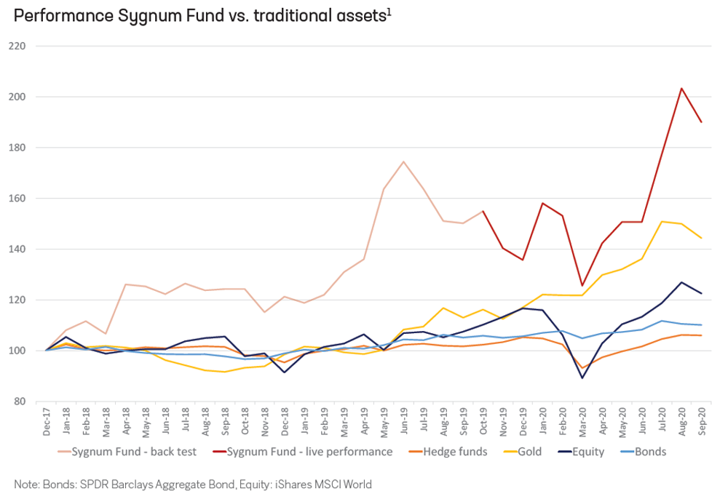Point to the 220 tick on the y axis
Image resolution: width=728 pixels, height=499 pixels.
pyautogui.click(x=25, y=46)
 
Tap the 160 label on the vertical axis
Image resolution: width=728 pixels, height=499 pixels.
pyautogui.click(x=25, y=199)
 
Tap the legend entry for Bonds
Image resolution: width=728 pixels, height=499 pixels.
pyautogui.click(x=650, y=452)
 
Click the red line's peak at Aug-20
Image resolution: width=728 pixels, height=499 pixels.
pyautogui.click(x=681, y=89)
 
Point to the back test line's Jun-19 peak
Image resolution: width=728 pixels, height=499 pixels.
pyautogui.click(x=403, y=161)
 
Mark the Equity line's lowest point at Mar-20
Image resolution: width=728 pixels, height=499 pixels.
pyautogui.click(x=582, y=378)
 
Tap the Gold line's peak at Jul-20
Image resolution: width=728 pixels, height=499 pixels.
pyautogui.click(x=662, y=221)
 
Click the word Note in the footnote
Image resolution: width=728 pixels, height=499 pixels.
pyautogui.click(x=26, y=483)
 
